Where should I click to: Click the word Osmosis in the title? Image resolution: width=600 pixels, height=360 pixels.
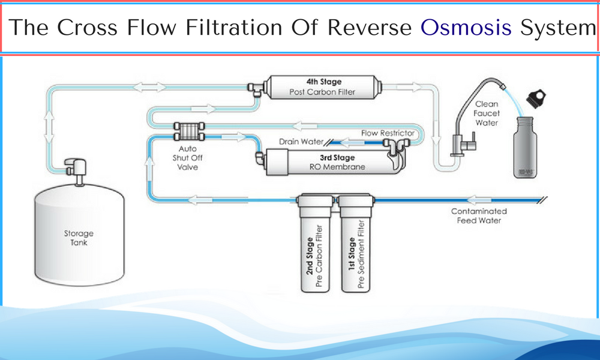tap(466, 28)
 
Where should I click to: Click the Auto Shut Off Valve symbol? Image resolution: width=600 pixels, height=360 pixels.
tap(188, 131)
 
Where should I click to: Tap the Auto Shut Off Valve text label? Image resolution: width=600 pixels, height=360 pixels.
tap(188, 157)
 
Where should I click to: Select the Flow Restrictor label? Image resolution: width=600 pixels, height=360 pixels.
tap(387, 133)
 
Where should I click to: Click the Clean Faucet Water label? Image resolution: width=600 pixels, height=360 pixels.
tap(487, 113)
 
